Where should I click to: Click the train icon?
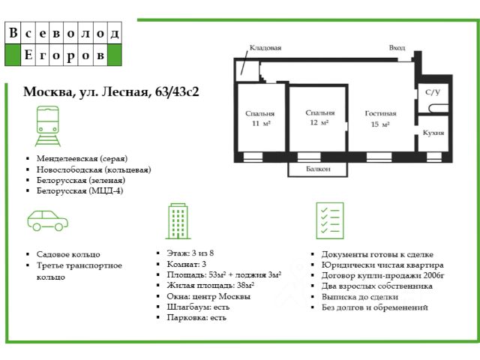[48, 125]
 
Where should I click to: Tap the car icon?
[48, 220]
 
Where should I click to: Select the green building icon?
[178, 220]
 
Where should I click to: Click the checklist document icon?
[329, 220]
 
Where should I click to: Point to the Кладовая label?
[265, 47]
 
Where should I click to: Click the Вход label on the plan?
[397, 47]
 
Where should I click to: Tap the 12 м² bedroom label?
[320, 117]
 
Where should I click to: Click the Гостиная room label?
[381, 118]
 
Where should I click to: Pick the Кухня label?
[433, 132]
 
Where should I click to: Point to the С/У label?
[433, 92]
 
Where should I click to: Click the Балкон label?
[319, 169]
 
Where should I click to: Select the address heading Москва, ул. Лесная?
[116, 92]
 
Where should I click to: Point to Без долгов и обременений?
[374, 307]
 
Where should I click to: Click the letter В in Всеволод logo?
[13, 34]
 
